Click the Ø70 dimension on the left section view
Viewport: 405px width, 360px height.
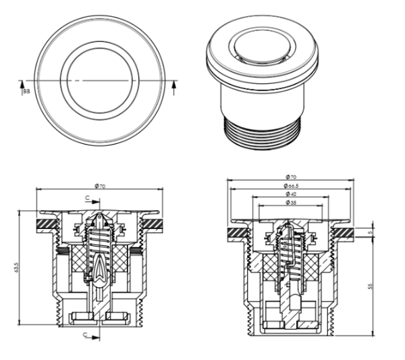click(101, 185)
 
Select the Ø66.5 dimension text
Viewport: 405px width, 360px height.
click(290, 186)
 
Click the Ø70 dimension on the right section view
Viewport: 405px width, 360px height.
click(290, 178)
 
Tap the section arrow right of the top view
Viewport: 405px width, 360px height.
click(175, 85)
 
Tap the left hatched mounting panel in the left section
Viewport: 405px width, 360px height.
click(47, 222)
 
